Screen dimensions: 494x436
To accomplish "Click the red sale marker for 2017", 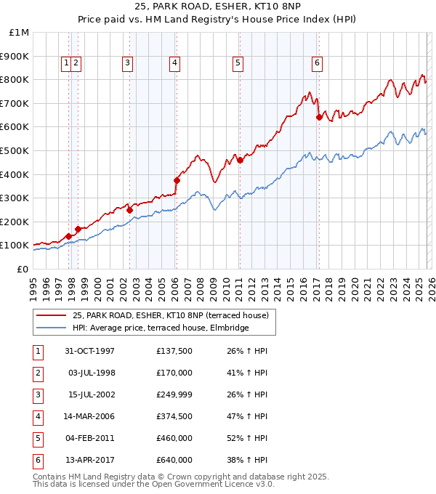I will [x=319, y=117].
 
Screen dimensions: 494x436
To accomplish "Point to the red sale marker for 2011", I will [x=240, y=160].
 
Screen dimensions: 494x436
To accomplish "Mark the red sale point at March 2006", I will [x=177, y=180].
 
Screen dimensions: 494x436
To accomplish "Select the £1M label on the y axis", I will [x=20, y=32].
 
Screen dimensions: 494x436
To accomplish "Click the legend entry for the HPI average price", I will [x=160, y=328].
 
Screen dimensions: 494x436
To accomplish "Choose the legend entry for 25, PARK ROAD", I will [x=170, y=315].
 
